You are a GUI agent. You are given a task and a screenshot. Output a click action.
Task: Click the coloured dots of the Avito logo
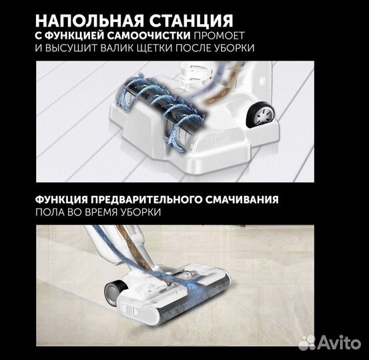(x=307, y=343)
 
